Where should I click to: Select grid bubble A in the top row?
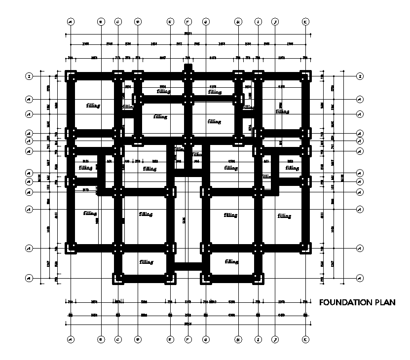pos(71,22)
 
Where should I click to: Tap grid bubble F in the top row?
pos(188,22)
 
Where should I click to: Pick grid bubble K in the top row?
pos(306,22)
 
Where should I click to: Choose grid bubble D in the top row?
pos(138,22)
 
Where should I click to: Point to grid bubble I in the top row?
pos(258,22)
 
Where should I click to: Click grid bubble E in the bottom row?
pos(170,340)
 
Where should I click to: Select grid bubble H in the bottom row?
pos(238,340)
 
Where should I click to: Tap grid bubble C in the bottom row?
pos(118,340)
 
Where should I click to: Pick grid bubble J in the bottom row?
pos(276,340)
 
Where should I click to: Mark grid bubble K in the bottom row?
pos(306,340)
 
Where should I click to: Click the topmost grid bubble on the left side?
pos(29,76)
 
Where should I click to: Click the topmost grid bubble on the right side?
pos(360,76)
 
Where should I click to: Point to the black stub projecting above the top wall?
pos(188,67)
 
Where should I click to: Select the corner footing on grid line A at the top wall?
pos(71,76)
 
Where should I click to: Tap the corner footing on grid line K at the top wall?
pos(306,76)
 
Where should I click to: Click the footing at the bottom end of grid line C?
pos(118,279)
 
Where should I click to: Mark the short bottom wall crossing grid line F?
pos(188,267)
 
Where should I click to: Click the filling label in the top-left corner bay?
pos(93,106)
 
